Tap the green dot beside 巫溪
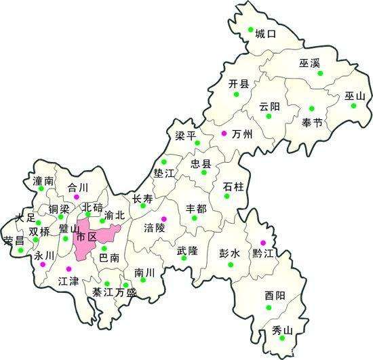point(321,73)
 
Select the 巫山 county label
point(355,96)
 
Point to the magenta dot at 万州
point(224,134)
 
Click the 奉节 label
point(313,123)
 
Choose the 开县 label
point(239,84)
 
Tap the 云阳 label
point(269,106)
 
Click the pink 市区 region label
point(85,237)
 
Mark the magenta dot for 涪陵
point(163,218)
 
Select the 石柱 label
point(233,186)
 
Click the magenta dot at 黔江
point(263,242)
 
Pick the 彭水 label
point(229,253)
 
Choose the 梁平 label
point(185,136)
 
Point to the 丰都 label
point(196,209)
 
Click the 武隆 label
point(187,250)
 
